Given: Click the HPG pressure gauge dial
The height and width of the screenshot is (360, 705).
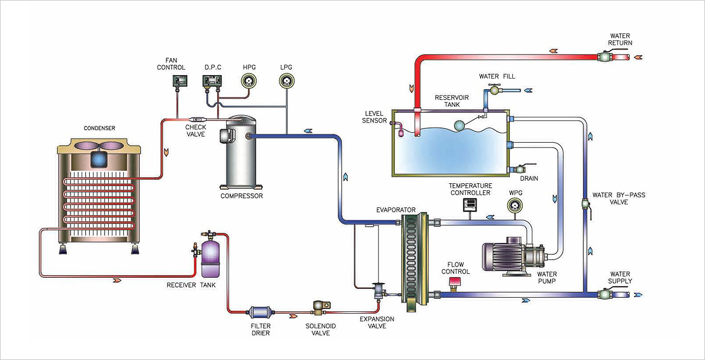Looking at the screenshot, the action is click(x=249, y=81).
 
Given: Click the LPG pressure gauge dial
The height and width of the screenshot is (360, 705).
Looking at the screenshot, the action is click(x=286, y=81).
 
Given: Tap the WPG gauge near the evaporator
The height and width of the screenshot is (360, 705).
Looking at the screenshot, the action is click(x=515, y=206).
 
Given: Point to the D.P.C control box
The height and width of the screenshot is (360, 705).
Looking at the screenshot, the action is click(x=212, y=81).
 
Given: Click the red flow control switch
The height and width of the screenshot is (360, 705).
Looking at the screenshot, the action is click(x=454, y=282).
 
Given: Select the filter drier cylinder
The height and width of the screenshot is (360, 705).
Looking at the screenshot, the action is click(x=260, y=312).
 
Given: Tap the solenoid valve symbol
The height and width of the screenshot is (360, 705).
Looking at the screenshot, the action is click(x=321, y=308).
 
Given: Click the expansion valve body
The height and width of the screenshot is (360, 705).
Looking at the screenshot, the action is click(x=377, y=291).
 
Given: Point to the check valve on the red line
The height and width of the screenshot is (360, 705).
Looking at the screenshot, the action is click(x=197, y=120).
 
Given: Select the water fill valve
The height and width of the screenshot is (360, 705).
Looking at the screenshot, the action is click(x=495, y=90).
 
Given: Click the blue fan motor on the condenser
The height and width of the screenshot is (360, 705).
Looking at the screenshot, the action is click(x=99, y=160).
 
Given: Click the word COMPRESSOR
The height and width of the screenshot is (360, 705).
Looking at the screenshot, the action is click(x=241, y=196).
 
